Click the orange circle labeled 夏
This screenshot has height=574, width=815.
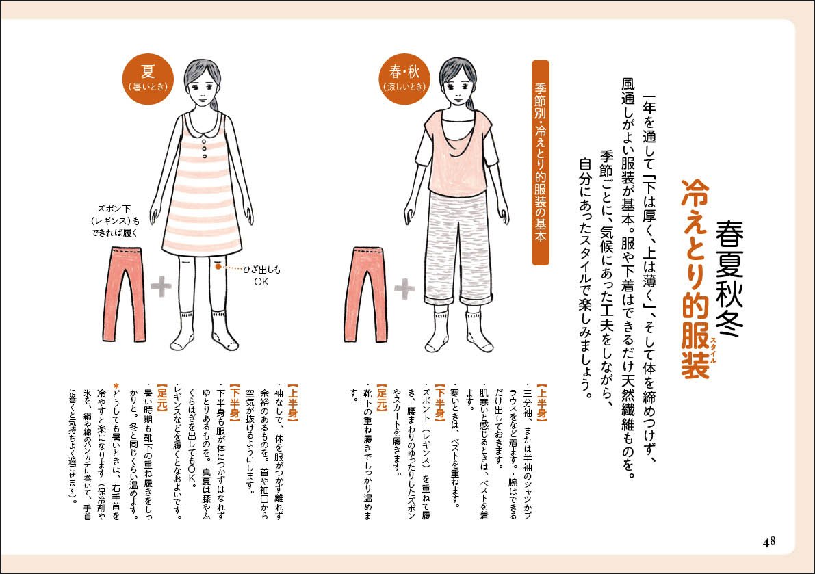coord(145,79)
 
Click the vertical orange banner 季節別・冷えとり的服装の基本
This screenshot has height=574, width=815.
coord(540,162)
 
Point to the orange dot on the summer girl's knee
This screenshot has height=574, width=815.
coord(218,268)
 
